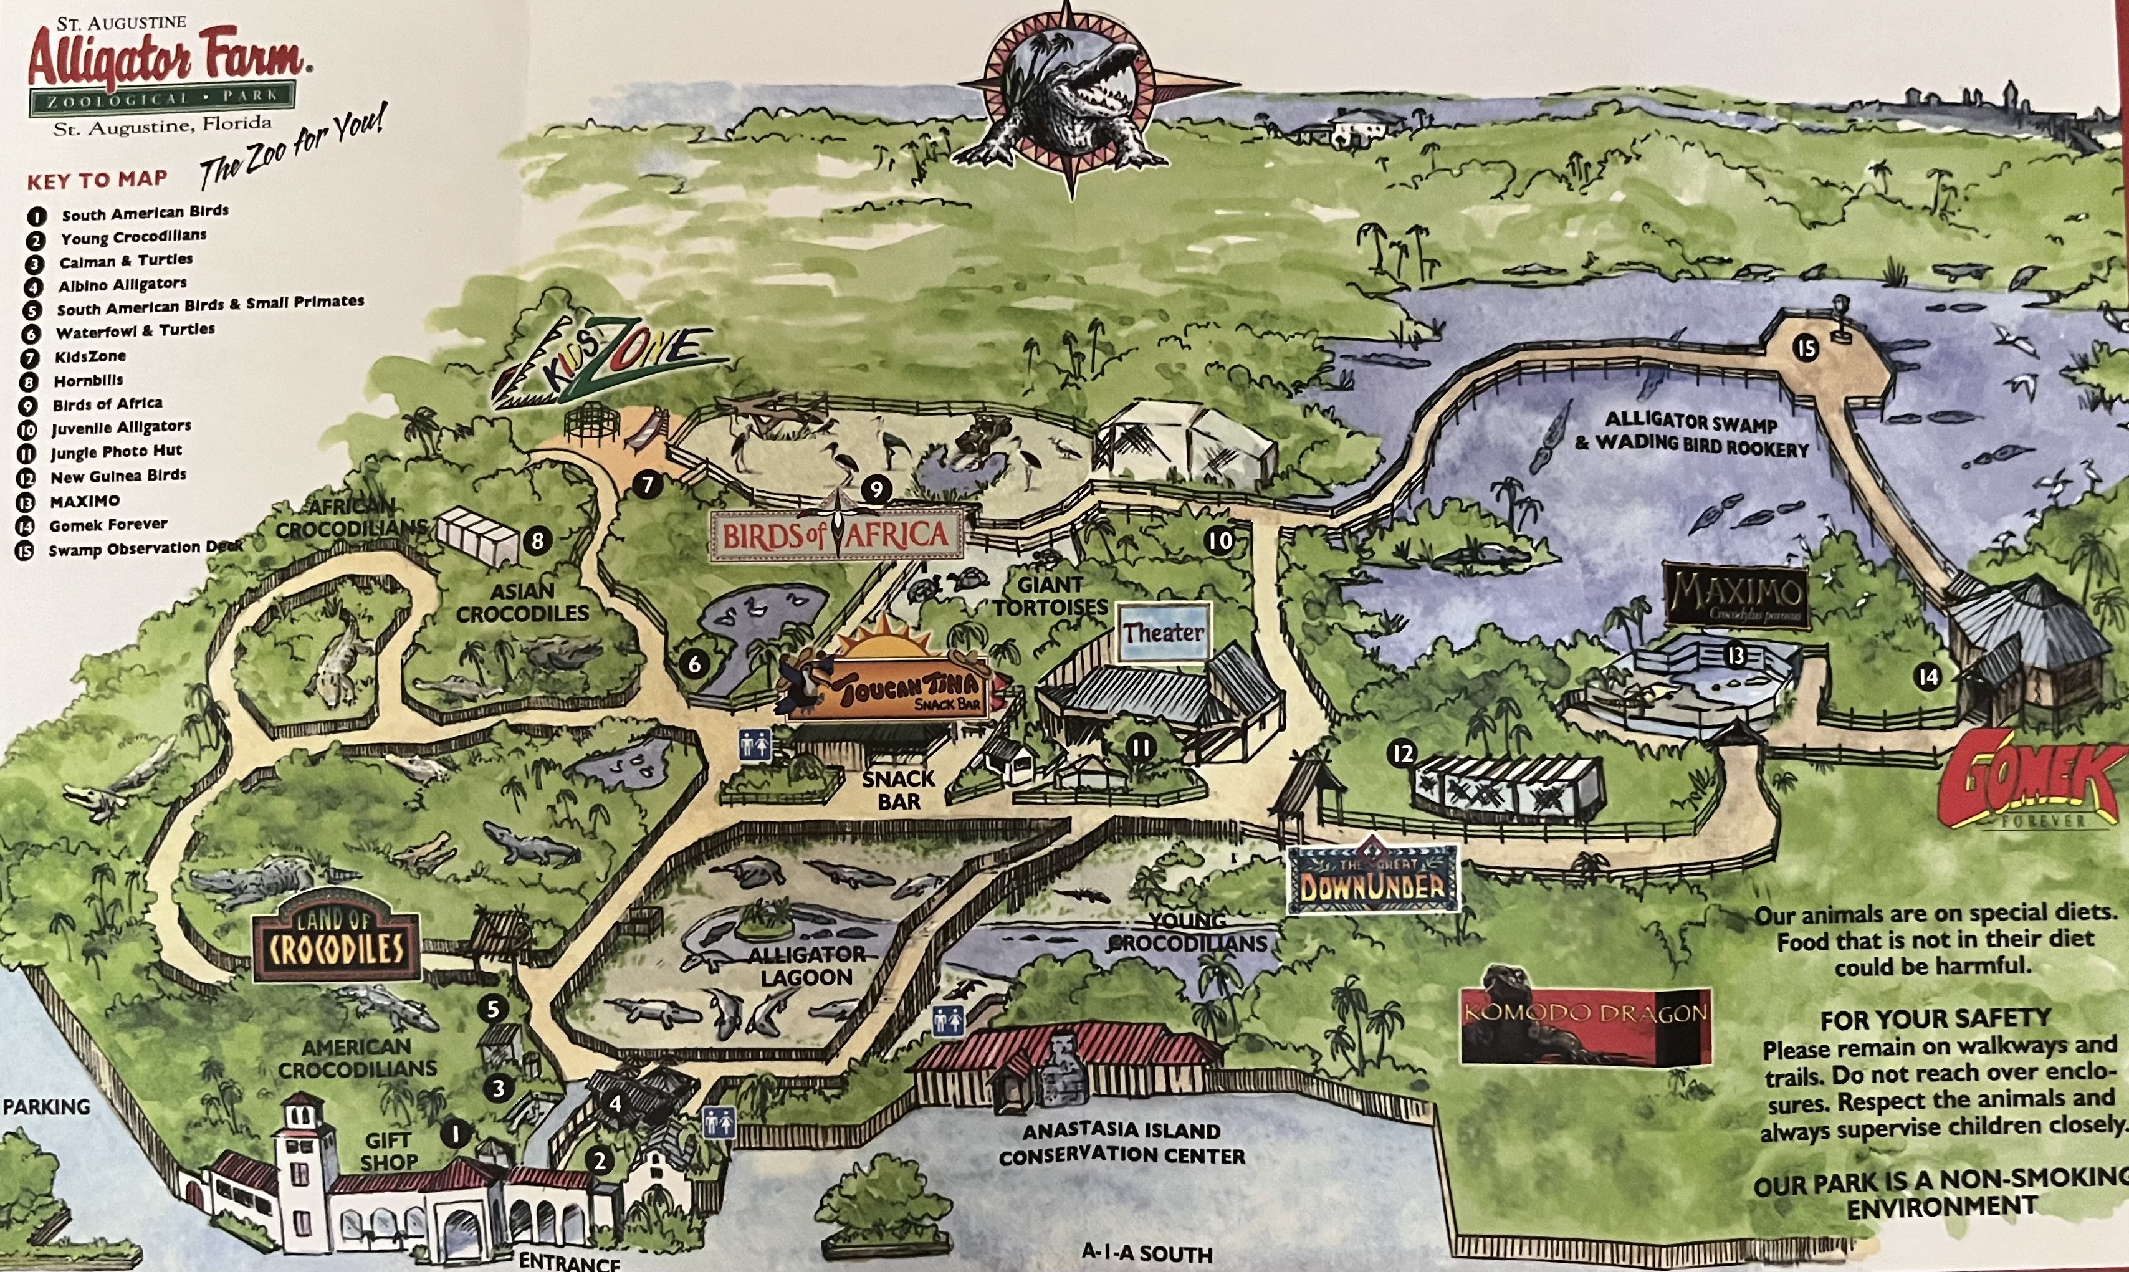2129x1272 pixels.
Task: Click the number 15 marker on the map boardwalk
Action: tap(1806, 349)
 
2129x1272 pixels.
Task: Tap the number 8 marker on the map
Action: tap(537, 541)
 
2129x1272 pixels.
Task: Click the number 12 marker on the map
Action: tap(1402, 753)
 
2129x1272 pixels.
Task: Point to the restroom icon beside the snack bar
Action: tap(754, 744)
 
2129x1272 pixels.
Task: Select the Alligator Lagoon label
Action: tap(806, 965)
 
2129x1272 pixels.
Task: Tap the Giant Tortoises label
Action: tap(1050, 596)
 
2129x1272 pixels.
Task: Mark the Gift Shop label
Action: tap(389, 1151)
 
